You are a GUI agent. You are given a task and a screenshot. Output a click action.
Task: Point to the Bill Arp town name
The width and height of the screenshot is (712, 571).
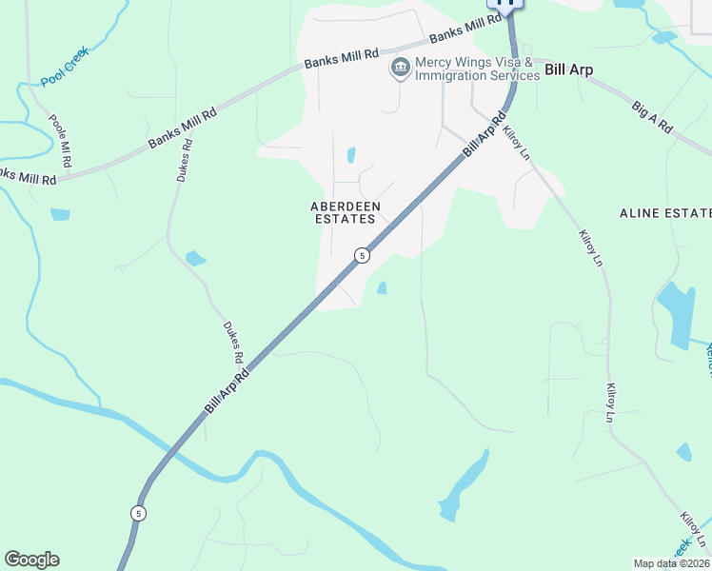coord(568,70)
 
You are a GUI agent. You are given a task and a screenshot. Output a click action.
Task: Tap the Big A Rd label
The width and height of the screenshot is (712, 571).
coord(652,115)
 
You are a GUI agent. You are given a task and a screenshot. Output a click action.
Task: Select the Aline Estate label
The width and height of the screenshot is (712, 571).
coord(665,212)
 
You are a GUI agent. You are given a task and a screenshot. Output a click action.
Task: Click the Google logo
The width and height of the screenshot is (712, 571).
coord(31,560)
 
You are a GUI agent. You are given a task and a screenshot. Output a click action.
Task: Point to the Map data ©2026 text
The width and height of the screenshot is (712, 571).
coord(670,563)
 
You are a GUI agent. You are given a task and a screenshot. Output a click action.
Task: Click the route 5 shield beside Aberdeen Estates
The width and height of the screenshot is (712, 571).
coord(362,255)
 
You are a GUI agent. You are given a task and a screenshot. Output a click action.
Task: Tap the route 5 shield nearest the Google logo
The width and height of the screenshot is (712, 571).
coord(139,513)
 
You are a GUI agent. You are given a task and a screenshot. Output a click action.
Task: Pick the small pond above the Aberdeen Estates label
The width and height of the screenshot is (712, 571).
coord(351,154)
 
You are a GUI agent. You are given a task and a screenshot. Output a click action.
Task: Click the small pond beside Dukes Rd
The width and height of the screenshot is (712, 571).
coord(195,258)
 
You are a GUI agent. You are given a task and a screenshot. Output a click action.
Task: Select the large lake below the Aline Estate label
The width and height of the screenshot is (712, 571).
coord(678,314)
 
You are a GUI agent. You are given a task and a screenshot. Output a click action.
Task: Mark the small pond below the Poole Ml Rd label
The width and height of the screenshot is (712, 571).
coord(60,214)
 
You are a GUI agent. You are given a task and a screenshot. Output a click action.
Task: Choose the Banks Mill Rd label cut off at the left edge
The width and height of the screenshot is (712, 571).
coord(28,177)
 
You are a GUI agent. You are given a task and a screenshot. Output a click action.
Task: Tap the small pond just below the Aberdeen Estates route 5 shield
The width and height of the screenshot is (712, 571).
coord(383,287)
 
